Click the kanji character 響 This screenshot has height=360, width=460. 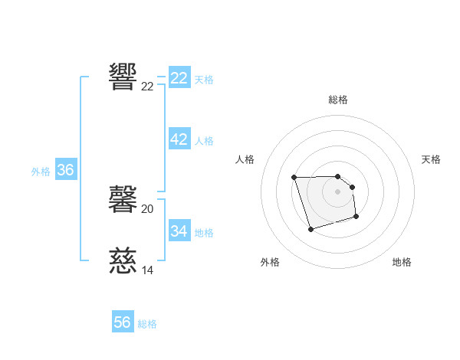click(123, 77)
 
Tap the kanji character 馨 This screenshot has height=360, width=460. click(123, 199)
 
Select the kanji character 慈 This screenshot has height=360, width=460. click(123, 261)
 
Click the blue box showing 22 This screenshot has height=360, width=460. click(179, 78)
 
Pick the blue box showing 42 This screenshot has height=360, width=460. click(179, 139)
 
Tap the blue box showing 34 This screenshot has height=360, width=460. click(179, 231)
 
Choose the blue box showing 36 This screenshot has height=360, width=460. click(65, 170)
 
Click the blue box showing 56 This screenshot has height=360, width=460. click(123, 322)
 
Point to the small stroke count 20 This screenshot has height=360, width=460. click(147, 209)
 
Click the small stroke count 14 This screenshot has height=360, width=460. click(147, 270)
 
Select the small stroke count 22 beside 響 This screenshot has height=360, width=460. click(147, 87)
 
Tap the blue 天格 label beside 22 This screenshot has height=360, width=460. click(204, 79)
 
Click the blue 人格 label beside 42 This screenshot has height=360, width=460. click(204, 141)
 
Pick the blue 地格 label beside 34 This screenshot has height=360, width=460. click(204, 232)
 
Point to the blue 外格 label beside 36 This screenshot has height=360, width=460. click(41, 172)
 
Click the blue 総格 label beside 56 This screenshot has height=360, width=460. click(147, 324)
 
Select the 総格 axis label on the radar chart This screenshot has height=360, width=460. click(338, 100)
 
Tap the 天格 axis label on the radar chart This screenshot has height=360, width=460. click(431, 159)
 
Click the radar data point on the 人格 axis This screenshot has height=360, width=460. click(294, 178)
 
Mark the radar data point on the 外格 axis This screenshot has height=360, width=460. click(310, 229)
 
